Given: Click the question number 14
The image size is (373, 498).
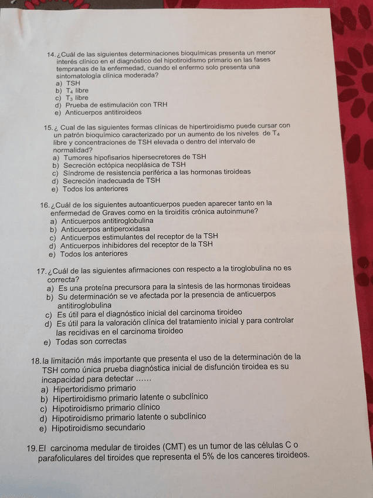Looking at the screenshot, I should tap(50, 54).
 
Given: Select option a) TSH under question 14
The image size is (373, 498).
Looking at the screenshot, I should tap(73, 83).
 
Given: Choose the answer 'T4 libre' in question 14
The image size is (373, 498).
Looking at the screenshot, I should tap(77, 90).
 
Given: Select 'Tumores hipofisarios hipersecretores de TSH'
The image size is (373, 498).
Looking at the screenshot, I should tap(134, 157).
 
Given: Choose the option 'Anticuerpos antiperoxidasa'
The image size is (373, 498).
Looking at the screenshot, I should tap(105, 228).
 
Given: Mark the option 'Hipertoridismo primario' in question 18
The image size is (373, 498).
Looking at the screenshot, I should tap(94, 388).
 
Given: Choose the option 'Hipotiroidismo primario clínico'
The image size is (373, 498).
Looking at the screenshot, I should tap(105, 407).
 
